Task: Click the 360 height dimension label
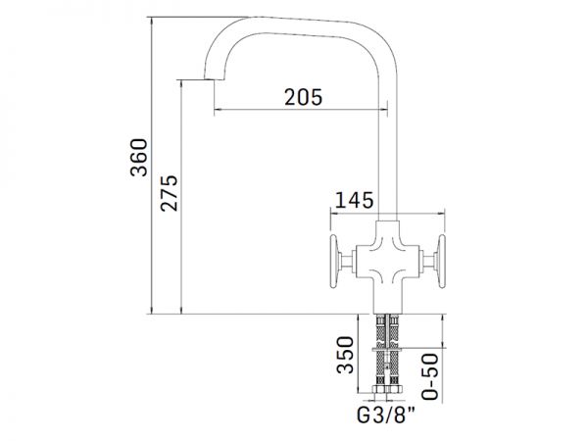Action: [139, 157]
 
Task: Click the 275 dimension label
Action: [170, 193]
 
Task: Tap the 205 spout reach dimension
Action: [304, 97]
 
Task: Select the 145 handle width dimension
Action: [354, 200]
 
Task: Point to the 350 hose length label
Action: [345, 355]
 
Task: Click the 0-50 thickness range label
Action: [430, 376]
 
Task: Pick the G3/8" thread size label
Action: [386, 416]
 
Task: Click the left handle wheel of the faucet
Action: [334, 262]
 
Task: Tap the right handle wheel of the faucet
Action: [442, 262]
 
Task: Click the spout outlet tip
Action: [214, 79]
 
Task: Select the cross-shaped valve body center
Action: [388, 261]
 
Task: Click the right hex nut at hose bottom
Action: [395, 389]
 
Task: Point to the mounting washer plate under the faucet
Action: [388, 350]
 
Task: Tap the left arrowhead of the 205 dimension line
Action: [217, 110]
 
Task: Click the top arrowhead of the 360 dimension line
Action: [152, 20]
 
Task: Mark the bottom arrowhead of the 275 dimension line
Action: [181, 311]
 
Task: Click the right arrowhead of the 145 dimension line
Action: [442, 214]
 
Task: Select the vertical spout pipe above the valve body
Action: [388, 150]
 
